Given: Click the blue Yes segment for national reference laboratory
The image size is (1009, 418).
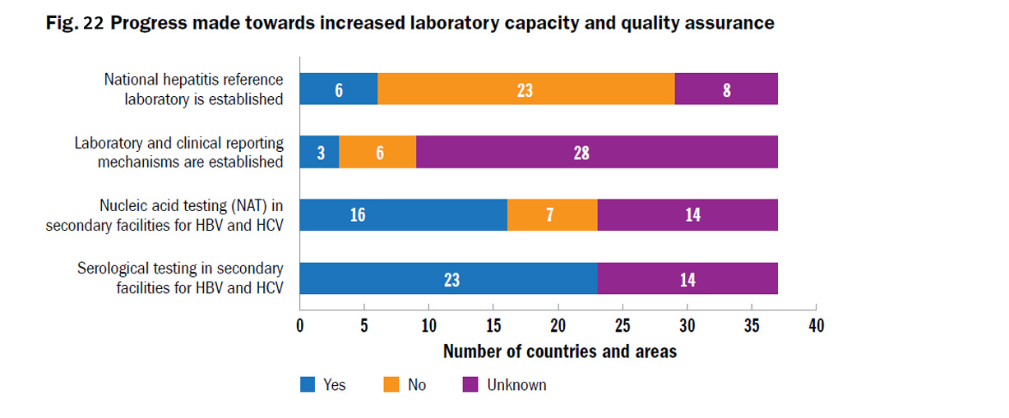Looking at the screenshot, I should (x=338, y=89).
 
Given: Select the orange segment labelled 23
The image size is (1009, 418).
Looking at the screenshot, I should (x=525, y=89).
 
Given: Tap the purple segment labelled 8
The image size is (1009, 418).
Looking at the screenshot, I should (x=726, y=89).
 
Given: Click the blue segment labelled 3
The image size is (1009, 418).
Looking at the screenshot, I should (x=319, y=152).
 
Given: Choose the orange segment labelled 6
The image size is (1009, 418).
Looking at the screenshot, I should (x=378, y=152).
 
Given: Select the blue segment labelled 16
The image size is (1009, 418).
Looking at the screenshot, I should (x=403, y=215).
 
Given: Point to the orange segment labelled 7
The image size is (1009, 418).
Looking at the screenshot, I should (x=552, y=215).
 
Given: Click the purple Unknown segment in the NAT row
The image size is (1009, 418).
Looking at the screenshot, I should (x=687, y=215).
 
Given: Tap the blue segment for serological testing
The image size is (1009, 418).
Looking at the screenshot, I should (x=448, y=278).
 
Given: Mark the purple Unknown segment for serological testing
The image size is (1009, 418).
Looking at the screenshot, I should (x=687, y=278).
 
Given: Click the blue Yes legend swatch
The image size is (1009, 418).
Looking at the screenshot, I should (x=308, y=384).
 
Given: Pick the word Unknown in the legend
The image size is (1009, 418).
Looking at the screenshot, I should (x=516, y=384).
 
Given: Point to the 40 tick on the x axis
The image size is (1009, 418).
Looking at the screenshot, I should (x=815, y=326).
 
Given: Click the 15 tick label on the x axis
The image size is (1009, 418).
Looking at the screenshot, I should (x=493, y=326).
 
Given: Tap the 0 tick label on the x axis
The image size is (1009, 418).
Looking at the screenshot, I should (x=300, y=326).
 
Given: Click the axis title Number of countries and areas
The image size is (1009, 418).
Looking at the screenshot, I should (x=559, y=351).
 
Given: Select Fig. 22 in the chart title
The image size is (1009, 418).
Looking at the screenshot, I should (x=74, y=23).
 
